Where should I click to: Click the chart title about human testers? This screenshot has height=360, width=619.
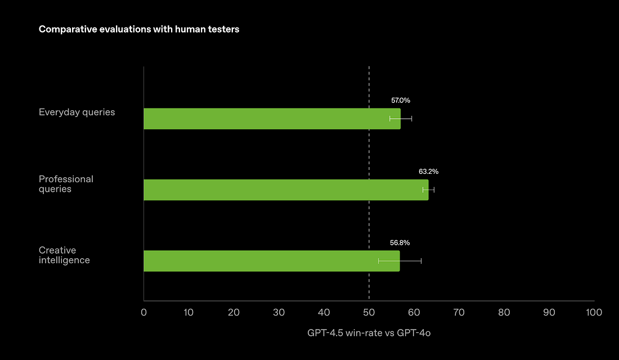tap(138, 29)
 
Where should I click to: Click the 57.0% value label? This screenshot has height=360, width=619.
tap(401, 101)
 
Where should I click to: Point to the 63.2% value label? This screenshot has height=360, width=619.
tap(429, 172)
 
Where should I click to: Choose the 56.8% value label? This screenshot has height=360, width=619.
tap(400, 243)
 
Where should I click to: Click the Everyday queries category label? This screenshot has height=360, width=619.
tap(77, 112)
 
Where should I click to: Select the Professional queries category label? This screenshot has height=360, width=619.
tap(66, 184)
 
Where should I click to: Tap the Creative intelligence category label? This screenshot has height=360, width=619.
tap(64, 255)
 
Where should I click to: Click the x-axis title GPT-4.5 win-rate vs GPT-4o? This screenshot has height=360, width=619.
tap(369, 333)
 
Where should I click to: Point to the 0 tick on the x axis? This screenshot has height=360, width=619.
tap(144, 312)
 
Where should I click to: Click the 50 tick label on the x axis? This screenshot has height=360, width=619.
tap(369, 312)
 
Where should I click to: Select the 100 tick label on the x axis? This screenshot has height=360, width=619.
tap(594, 312)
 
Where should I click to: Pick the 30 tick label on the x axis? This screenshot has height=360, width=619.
tap(279, 312)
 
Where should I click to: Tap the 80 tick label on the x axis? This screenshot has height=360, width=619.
tap(504, 312)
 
